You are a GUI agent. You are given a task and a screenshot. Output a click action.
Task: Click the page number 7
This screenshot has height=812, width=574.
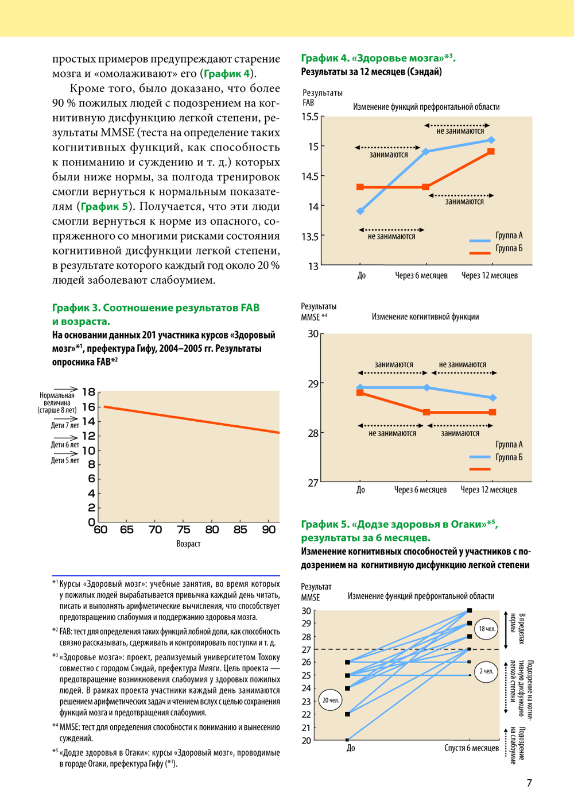point(529,783)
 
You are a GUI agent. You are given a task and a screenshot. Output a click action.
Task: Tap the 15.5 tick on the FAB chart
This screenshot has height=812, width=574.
point(310,117)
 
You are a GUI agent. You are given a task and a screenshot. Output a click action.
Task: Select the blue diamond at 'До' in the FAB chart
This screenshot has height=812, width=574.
point(360,211)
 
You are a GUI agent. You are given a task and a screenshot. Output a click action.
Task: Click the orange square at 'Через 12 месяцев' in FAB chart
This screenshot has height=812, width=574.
point(491,152)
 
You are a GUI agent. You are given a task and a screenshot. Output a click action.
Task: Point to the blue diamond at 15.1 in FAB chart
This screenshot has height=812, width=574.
point(492,140)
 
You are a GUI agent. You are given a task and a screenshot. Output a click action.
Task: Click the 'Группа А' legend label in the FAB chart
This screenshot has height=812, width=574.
point(509,236)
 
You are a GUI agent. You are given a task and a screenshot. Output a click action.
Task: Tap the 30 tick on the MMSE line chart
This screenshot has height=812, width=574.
point(313,334)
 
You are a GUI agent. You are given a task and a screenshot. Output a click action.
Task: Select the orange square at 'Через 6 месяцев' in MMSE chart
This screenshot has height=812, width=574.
point(426,412)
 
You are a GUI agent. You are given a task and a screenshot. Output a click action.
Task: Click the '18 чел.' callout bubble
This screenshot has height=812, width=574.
point(487,629)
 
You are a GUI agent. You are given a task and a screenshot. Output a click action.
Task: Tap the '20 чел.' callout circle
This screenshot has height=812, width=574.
point(331,700)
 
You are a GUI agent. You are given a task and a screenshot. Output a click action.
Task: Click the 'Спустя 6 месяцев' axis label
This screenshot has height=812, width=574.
point(471,748)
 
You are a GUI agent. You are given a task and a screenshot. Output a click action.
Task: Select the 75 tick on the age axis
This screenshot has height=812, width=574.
point(183,530)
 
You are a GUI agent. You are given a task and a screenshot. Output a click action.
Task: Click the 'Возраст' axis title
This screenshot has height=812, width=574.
point(188,544)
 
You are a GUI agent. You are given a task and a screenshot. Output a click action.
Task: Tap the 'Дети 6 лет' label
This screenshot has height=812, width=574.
point(65,445)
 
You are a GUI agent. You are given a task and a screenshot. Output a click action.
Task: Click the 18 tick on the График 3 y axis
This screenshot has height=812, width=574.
point(88,392)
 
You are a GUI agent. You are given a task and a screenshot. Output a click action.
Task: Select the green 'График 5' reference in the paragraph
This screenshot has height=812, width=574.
point(104,206)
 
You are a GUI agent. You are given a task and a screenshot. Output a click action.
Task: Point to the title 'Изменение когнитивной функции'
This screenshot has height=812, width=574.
point(425,317)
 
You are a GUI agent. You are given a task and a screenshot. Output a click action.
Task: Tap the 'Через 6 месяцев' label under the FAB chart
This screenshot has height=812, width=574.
point(421,276)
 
